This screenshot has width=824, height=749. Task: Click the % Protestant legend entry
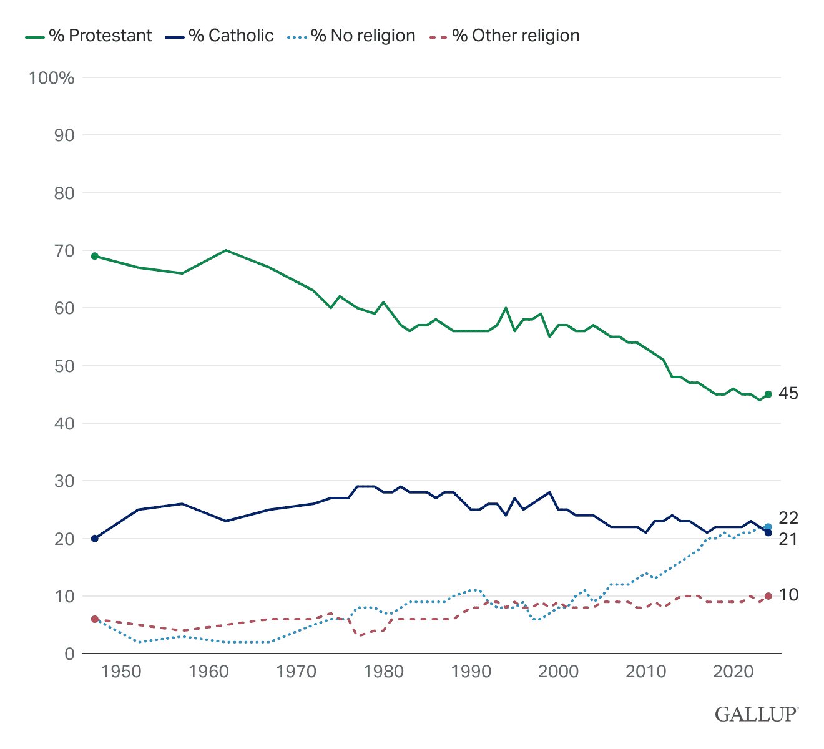(x=89, y=36)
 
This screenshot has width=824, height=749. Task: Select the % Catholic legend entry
(x=220, y=36)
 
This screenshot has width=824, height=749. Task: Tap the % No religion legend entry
(x=353, y=36)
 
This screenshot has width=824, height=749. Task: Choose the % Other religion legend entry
(x=505, y=36)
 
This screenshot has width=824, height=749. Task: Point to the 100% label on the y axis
(x=51, y=78)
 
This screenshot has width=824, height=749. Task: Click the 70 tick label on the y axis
(x=64, y=251)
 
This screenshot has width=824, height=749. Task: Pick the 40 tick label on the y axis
(x=64, y=424)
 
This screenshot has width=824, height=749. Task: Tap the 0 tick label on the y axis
(x=69, y=654)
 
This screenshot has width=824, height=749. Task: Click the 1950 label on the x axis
(x=120, y=672)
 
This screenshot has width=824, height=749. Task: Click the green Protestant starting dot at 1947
(x=95, y=256)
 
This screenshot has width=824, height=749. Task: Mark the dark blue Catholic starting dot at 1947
(x=95, y=538)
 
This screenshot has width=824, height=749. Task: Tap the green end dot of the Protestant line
(x=768, y=394)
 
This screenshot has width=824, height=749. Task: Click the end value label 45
(x=789, y=394)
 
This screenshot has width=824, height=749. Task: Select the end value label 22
(x=789, y=518)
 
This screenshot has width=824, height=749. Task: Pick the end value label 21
(x=789, y=539)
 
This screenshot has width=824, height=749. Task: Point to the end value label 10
(x=789, y=595)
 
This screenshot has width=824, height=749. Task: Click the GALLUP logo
(x=756, y=713)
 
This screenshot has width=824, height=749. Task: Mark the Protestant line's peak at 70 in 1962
(x=225, y=250)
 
